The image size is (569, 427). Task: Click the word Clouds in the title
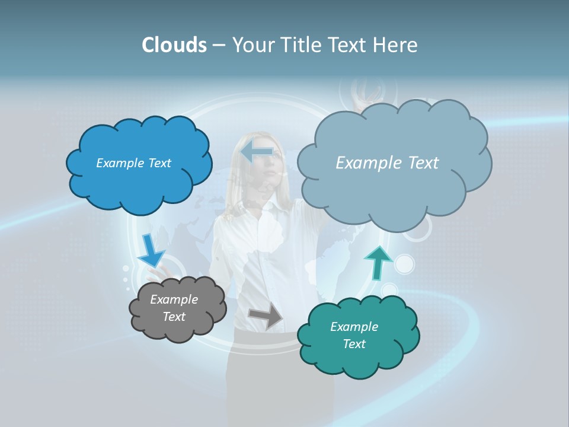point(174,45)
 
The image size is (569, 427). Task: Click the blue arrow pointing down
point(151,250)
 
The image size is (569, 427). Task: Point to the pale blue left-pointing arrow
point(257,151)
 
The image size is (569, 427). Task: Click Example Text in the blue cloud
point(133,163)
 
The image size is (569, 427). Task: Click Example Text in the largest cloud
point(387,163)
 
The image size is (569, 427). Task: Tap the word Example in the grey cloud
point(174,299)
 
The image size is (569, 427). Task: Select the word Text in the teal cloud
point(354,344)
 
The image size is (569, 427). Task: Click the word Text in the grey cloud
point(174,317)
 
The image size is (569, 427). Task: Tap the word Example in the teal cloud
point(354,327)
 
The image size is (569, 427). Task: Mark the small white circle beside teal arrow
point(404,264)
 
